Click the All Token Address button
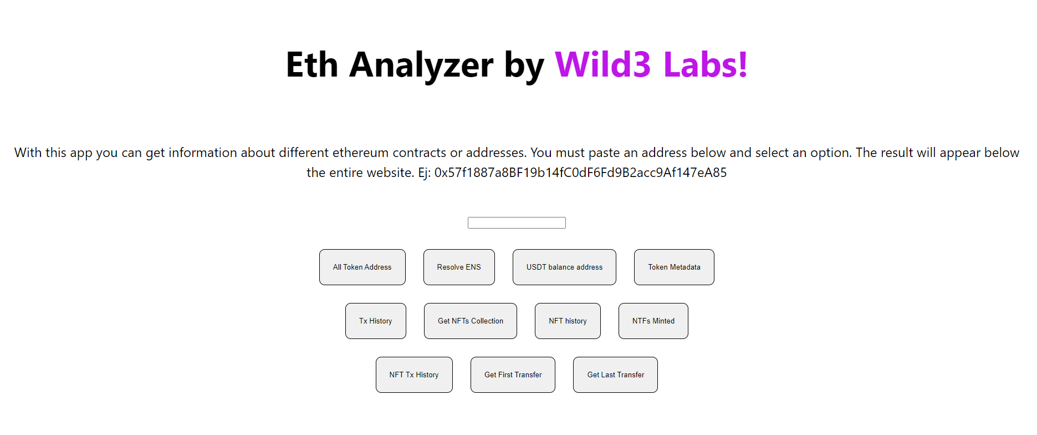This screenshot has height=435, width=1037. click(362, 267)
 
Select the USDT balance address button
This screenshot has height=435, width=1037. click(564, 267)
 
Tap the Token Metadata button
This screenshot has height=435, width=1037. click(674, 267)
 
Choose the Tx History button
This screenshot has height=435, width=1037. click(375, 321)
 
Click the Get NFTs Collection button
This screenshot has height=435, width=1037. click(470, 321)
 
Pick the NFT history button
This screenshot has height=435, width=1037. click(568, 321)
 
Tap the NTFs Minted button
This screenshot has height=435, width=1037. click(653, 321)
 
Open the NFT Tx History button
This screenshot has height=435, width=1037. click(414, 375)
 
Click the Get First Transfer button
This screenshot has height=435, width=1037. click(513, 375)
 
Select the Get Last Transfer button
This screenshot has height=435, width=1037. click(615, 375)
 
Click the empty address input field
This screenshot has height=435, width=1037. click(517, 222)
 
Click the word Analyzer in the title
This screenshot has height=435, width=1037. click(421, 65)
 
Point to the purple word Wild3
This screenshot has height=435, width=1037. click(602, 65)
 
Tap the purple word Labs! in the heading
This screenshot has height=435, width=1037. click(705, 65)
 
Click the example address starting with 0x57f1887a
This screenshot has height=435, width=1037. click(580, 173)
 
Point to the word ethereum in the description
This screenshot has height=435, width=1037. click(360, 153)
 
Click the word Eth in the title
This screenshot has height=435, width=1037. click(311, 65)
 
